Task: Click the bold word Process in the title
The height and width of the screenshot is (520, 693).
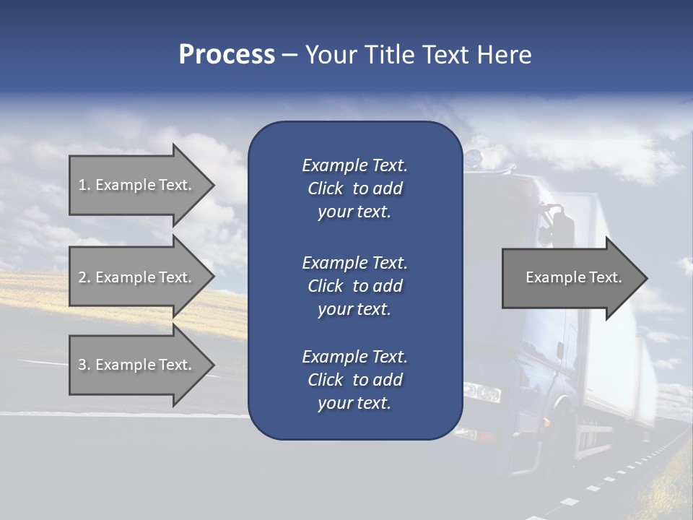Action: tap(227, 55)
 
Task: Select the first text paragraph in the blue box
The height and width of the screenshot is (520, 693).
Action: tap(354, 188)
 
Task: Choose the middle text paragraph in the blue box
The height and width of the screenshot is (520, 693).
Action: tap(354, 286)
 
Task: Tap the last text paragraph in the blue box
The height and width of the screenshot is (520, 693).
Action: tap(354, 380)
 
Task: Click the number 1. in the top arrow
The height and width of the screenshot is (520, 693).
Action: tap(84, 185)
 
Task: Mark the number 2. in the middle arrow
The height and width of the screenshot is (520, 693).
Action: tap(84, 277)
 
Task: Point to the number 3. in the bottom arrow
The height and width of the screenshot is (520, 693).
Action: tap(84, 365)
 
